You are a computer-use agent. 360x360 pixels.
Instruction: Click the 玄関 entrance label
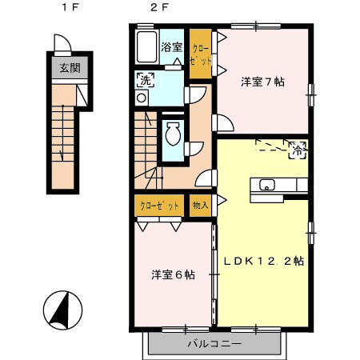[x=70, y=68]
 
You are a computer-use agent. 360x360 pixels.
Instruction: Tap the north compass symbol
[x=62, y=310]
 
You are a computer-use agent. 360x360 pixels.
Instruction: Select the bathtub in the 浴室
[x=147, y=47]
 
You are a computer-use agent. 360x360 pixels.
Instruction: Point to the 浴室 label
[x=171, y=47]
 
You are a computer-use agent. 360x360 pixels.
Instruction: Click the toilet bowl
[x=173, y=134]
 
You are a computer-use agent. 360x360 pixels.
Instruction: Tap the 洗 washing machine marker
[x=146, y=80]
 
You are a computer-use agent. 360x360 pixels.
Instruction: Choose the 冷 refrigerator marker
[x=298, y=150]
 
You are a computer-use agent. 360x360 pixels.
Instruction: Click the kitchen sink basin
[x=267, y=185]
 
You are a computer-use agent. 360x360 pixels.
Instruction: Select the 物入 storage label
[x=200, y=205]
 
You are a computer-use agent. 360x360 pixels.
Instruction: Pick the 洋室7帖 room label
[x=262, y=82]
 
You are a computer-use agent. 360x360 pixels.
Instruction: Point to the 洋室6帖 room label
[x=174, y=274]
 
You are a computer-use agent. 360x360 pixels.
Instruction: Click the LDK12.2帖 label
[x=264, y=261]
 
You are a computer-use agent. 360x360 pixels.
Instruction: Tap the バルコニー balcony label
[x=214, y=343]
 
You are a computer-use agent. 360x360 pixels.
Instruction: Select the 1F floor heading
[x=70, y=7]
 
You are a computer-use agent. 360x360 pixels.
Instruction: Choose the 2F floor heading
[x=159, y=7]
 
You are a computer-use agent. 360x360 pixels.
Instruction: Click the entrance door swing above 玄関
[x=63, y=44]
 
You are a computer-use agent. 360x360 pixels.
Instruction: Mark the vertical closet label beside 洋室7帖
[x=201, y=55]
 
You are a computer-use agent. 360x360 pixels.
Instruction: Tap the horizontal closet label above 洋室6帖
[x=159, y=206]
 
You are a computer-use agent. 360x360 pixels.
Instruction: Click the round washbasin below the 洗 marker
[x=142, y=98]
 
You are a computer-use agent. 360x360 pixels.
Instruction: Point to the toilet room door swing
[x=194, y=149]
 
